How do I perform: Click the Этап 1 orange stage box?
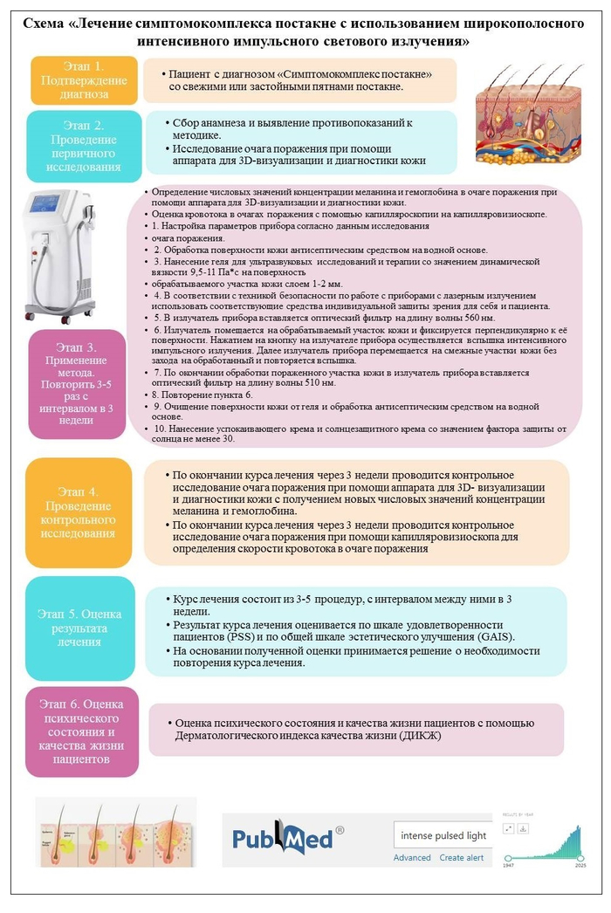pyautogui.click(x=84, y=80)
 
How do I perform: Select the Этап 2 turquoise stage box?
pyautogui.click(x=84, y=146)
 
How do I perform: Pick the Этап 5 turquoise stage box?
pyautogui.click(x=84, y=627)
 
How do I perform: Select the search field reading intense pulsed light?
pyautogui.click(x=443, y=835)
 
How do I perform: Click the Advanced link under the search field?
pyautogui.click(x=412, y=857)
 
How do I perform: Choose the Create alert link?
pyautogui.click(x=462, y=857)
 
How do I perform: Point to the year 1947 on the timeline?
pyautogui.click(x=509, y=866)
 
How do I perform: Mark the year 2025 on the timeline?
pyautogui.click(x=580, y=866)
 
